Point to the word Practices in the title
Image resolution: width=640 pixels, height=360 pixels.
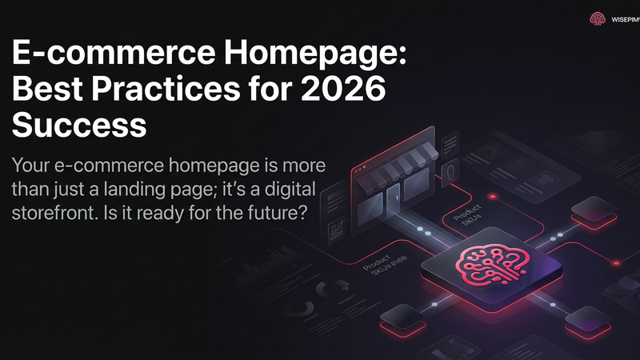point(178,91)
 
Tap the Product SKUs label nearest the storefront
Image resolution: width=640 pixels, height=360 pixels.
point(466,218)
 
